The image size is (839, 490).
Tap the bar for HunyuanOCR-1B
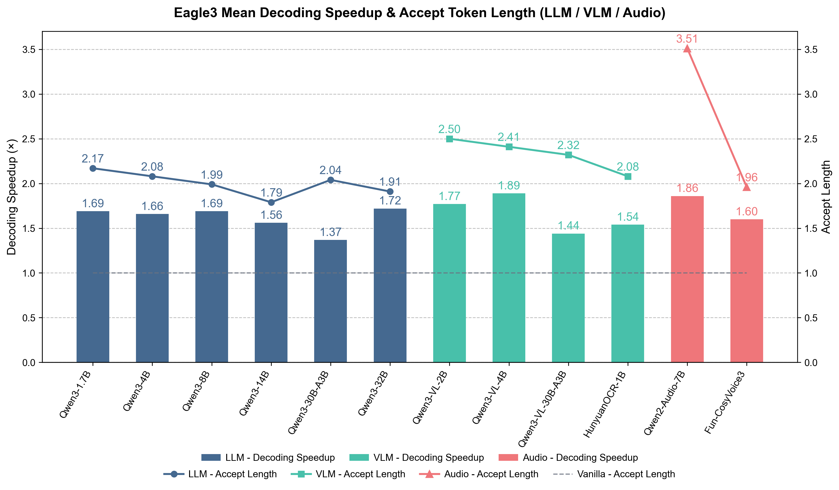click(x=628, y=293)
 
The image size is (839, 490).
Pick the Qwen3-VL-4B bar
click(x=509, y=278)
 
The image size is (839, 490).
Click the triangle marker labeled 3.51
click(x=687, y=49)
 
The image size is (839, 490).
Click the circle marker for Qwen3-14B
click(x=271, y=202)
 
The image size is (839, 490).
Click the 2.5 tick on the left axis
click(x=29, y=139)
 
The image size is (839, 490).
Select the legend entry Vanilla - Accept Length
click(x=614, y=474)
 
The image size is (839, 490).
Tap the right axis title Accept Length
click(x=826, y=197)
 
